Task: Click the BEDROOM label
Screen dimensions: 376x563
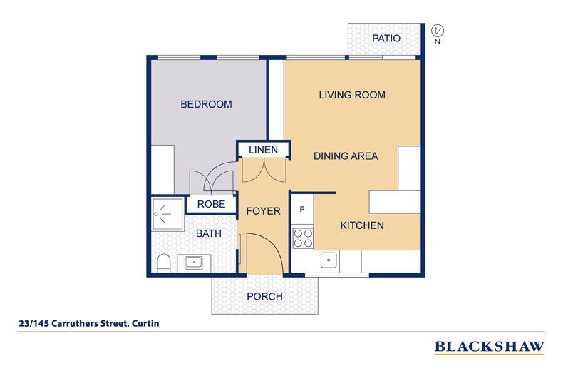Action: tap(206, 104)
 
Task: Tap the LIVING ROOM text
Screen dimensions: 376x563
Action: tap(352, 95)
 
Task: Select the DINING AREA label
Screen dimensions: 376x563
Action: tap(346, 156)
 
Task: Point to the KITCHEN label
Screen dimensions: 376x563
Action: tap(361, 225)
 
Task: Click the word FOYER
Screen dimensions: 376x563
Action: tap(263, 211)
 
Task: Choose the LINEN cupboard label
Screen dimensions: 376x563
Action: tap(263, 150)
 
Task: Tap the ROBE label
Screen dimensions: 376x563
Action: tap(211, 204)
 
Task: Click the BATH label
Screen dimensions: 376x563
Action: tap(209, 233)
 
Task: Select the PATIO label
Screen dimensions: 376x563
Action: tap(386, 39)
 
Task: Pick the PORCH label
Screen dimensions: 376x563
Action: tap(264, 296)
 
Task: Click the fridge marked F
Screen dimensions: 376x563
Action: tap(302, 210)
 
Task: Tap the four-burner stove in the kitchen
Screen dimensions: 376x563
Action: tap(303, 237)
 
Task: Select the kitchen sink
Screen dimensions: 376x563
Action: tap(329, 260)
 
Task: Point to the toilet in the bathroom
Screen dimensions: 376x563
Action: tap(162, 263)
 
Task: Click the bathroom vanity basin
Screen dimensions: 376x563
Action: tap(193, 262)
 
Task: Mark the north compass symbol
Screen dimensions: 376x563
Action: tap(438, 31)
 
